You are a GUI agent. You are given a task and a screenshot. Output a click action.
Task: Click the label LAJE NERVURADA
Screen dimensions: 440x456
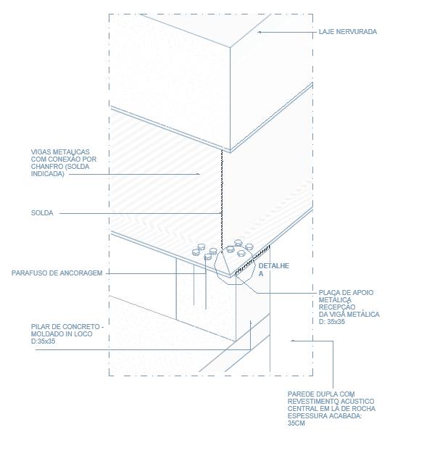point(348,32)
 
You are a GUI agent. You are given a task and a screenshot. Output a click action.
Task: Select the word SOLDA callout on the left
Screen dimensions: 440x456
point(42,213)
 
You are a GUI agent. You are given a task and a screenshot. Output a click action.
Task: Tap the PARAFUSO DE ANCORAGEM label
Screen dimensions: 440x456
point(57,273)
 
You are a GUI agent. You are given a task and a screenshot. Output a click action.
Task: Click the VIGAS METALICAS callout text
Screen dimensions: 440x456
point(65,162)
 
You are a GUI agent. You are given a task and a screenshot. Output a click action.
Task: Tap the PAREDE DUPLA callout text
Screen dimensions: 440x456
point(331,408)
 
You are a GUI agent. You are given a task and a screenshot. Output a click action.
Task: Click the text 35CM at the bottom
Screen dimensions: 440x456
point(296,423)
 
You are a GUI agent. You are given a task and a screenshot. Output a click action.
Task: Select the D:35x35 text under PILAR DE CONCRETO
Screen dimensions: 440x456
point(43,341)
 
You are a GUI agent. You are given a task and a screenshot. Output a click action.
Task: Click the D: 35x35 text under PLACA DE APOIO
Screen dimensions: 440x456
point(332,321)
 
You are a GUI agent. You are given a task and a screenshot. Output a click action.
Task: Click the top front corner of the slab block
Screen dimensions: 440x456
point(231,48)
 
